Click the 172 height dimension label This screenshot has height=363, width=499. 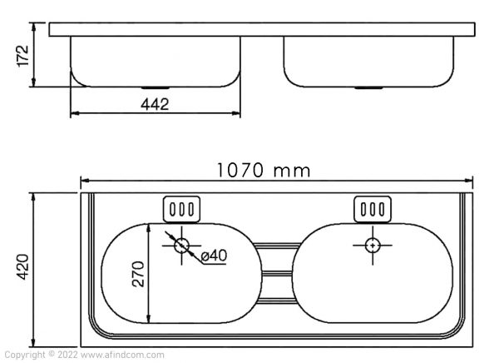[22, 55]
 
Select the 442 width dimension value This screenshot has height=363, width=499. [155, 104]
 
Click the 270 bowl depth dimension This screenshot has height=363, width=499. [139, 274]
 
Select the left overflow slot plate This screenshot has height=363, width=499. [181, 208]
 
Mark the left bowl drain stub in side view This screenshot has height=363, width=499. [153, 87]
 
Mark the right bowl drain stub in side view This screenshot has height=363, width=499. [366, 87]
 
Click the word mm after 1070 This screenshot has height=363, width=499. [294, 171]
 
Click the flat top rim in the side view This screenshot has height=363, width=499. [263, 30]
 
